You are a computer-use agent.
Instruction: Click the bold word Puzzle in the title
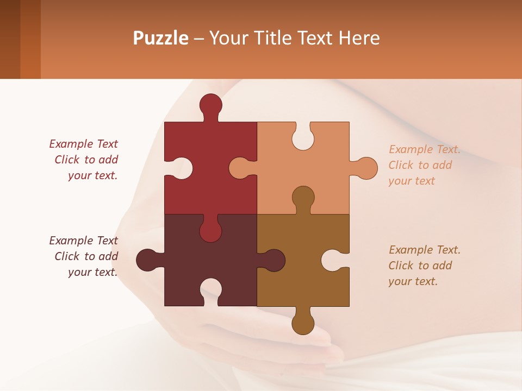(161, 38)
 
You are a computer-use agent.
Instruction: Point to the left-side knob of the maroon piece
(147, 260)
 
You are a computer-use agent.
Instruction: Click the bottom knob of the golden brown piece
(303, 323)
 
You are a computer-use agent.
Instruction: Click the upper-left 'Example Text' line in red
(83, 144)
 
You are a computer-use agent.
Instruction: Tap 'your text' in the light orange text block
(412, 181)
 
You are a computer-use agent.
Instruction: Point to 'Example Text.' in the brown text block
(425, 250)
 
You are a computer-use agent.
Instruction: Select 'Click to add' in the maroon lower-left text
(86, 256)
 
